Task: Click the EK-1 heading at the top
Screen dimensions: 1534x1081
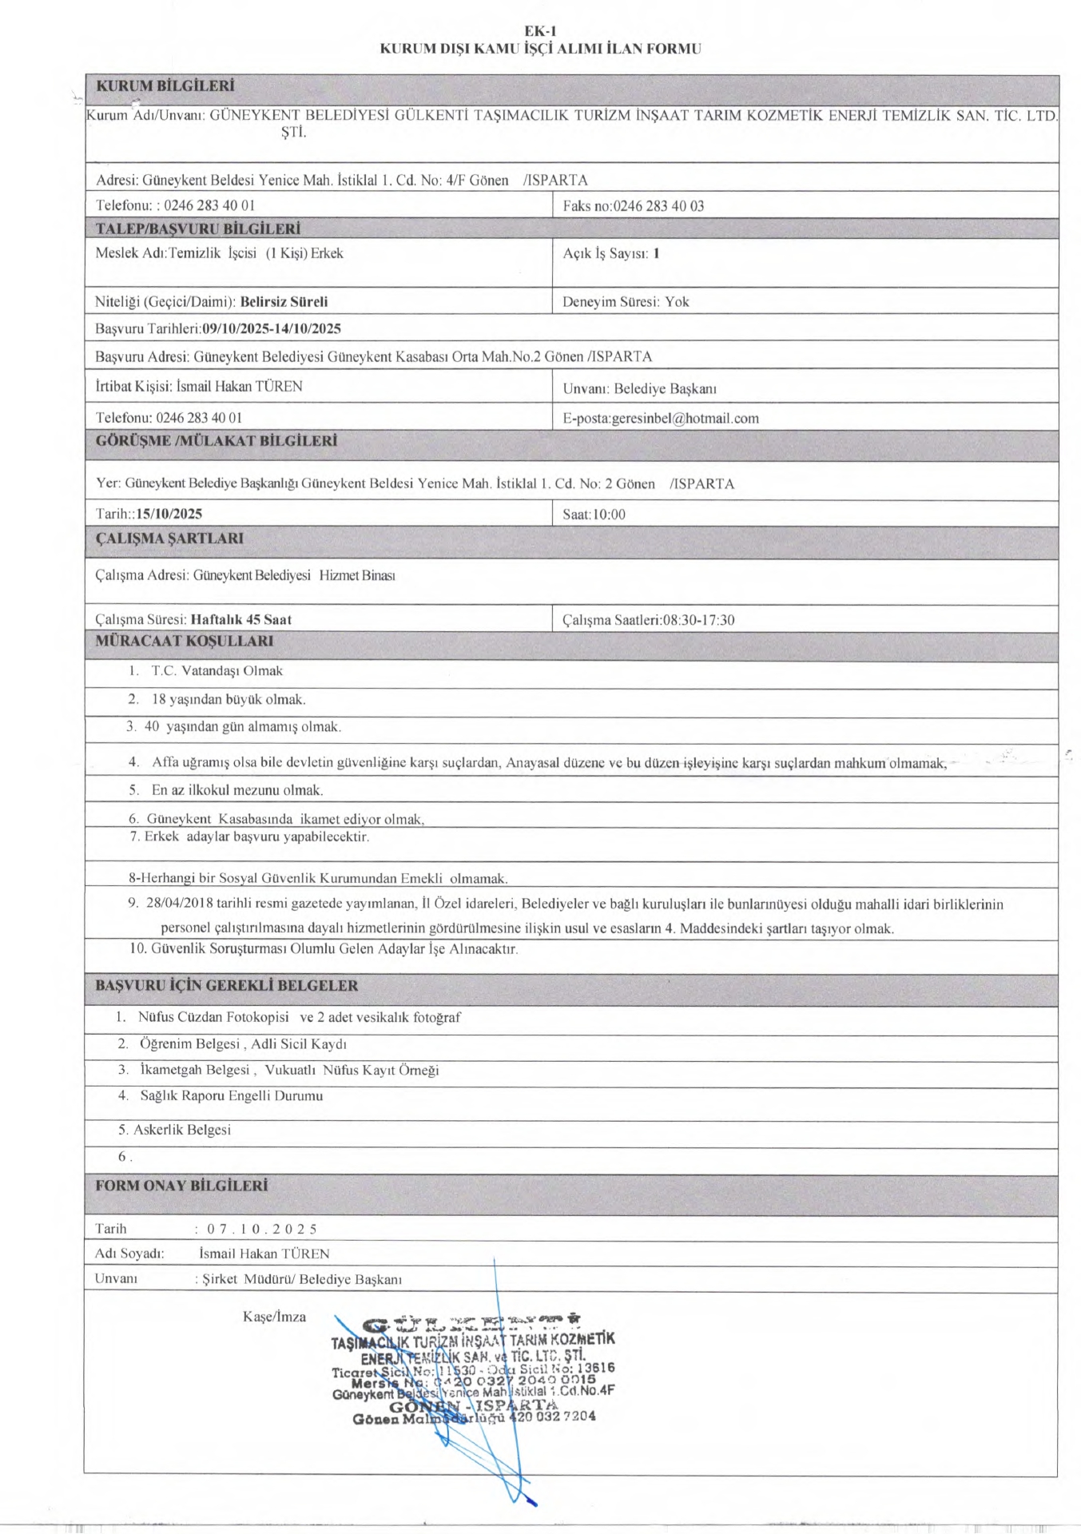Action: pyautogui.click(x=540, y=31)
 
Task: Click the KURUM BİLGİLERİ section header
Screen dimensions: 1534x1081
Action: pyautogui.click(x=165, y=85)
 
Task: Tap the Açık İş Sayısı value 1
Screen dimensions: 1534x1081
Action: pyautogui.click(x=656, y=254)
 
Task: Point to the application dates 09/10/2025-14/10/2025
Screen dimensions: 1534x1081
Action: pyautogui.click(x=272, y=329)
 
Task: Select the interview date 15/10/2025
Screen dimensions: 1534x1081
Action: pyautogui.click(x=169, y=515)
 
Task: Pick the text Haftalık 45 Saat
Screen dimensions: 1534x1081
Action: pyautogui.click(x=241, y=620)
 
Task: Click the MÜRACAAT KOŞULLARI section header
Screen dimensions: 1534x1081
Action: pyautogui.click(x=184, y=642)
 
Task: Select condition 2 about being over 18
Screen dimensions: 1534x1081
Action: pyautogui.click(x=229, y=700)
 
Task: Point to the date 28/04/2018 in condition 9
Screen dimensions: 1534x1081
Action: pyautogui.click(x=179, y=905)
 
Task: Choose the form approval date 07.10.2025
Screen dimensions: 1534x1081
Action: pyautogui.click(x=262, y=1230)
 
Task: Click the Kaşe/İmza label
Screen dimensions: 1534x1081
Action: pyautogui.click(x=274, y=1317)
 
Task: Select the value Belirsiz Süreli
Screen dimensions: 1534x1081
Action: pyautogui.click(x=284, y=302)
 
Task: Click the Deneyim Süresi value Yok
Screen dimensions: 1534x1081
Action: pyautogui.click(x=677, y=302)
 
